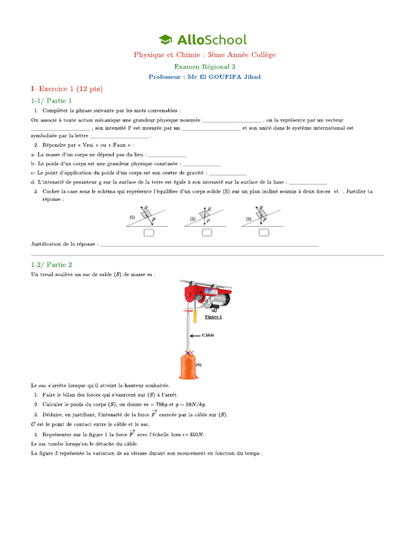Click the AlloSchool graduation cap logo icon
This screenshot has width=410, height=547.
(165, 40)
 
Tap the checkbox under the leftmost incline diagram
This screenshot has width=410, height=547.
(149, 232)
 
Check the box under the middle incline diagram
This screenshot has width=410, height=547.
(207, 232)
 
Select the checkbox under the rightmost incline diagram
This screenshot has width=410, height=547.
(264, 232)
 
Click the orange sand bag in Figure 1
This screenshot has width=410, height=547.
(188, 365)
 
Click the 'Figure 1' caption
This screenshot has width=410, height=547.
(213, 317)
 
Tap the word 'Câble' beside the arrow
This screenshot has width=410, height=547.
(208, 335)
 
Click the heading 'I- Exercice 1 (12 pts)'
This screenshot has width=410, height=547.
(66, 88)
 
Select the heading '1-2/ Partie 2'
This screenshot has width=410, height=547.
(51, 264)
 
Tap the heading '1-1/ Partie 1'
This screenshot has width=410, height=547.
(51, 100)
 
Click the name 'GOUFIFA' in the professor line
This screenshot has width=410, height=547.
(228, 76)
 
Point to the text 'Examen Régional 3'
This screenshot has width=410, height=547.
(204, 66)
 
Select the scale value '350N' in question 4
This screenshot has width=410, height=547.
(197, 434)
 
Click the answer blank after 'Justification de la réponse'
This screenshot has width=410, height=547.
(209, 244)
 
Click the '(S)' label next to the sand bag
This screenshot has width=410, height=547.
(199, 365)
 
